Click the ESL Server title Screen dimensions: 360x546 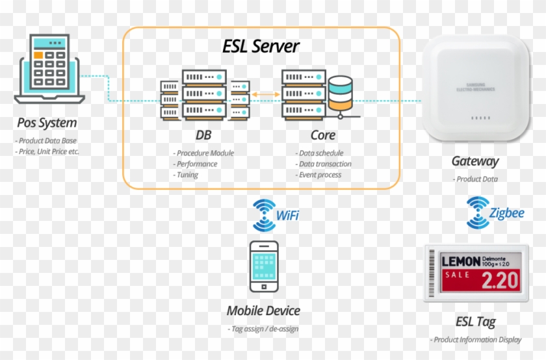261,47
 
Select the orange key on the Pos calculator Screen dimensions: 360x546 39,55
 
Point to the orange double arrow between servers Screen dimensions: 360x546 265,95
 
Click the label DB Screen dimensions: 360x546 203,135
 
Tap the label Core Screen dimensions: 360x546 323,135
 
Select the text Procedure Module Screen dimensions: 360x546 203,153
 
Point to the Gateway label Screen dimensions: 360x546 474,161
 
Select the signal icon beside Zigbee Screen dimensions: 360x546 478,213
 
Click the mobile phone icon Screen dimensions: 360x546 264,266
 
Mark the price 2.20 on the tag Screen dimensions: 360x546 499,280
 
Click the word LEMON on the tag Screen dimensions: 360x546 461,261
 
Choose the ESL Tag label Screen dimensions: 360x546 475,322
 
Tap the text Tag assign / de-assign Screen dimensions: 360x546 263,329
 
